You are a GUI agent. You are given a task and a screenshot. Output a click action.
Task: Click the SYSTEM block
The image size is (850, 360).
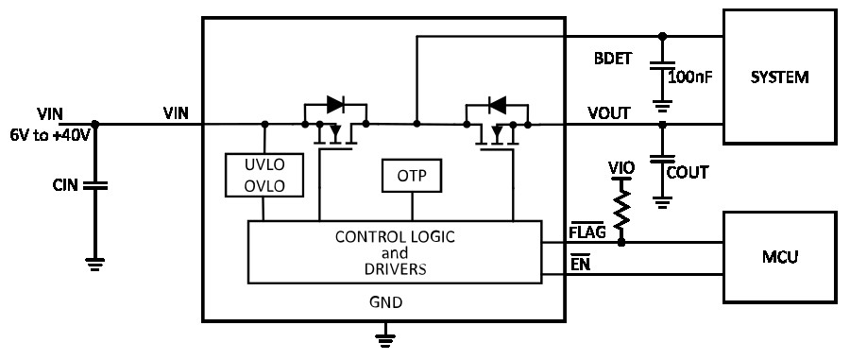(x=780, y=77)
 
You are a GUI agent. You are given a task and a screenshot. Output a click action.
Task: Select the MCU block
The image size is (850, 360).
(x=780, y=257)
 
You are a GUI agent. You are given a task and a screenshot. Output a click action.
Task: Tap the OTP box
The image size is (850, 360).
(x=412, y=176)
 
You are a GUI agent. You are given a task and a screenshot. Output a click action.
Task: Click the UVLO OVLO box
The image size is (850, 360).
(x=264, y=175)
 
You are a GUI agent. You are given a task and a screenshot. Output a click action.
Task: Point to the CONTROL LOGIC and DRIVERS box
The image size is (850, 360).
(x=395, y=251)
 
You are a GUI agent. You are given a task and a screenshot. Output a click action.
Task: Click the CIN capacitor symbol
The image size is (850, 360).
(x=94, y=186)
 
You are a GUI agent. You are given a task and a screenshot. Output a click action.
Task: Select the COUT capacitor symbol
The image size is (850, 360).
(x=662, y=160)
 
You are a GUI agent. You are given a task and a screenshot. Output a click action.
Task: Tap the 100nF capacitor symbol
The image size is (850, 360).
(x=662, y=66)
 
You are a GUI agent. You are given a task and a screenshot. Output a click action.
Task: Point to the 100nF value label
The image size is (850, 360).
(x=689, y=77)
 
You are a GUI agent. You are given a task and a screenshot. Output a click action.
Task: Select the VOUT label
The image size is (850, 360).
(x=609, y=112)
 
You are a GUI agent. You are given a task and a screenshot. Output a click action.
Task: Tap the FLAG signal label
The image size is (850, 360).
(x=587, y=232)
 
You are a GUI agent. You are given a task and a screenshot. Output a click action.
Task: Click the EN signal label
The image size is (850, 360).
(x=580, y=264)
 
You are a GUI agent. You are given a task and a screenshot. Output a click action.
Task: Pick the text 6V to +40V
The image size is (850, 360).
(x=50, y=134)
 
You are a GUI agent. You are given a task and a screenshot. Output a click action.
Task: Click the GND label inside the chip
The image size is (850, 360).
(x=385, y=301)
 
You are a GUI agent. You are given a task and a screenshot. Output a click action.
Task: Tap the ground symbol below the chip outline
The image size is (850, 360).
(x=385, y=338)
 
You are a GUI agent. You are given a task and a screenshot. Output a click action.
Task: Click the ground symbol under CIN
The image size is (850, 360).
(x=94, y=264)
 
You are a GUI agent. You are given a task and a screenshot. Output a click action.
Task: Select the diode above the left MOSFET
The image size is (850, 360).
(x=335, y=104)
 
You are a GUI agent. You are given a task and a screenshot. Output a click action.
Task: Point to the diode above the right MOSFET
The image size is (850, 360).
(x=497, y=104)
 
